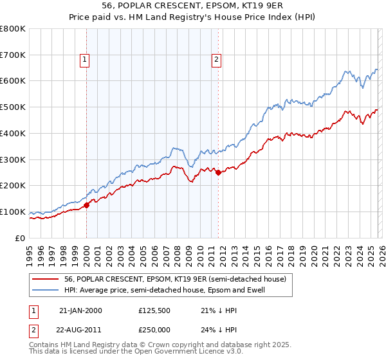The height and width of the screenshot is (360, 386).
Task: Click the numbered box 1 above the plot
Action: click(x=85, y=60)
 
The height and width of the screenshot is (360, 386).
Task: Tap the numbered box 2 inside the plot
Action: click(x=216, y=60)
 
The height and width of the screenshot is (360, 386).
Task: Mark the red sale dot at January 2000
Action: click(x=87, y=205)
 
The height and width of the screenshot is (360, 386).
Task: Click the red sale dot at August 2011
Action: click(x=219, y=172)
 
